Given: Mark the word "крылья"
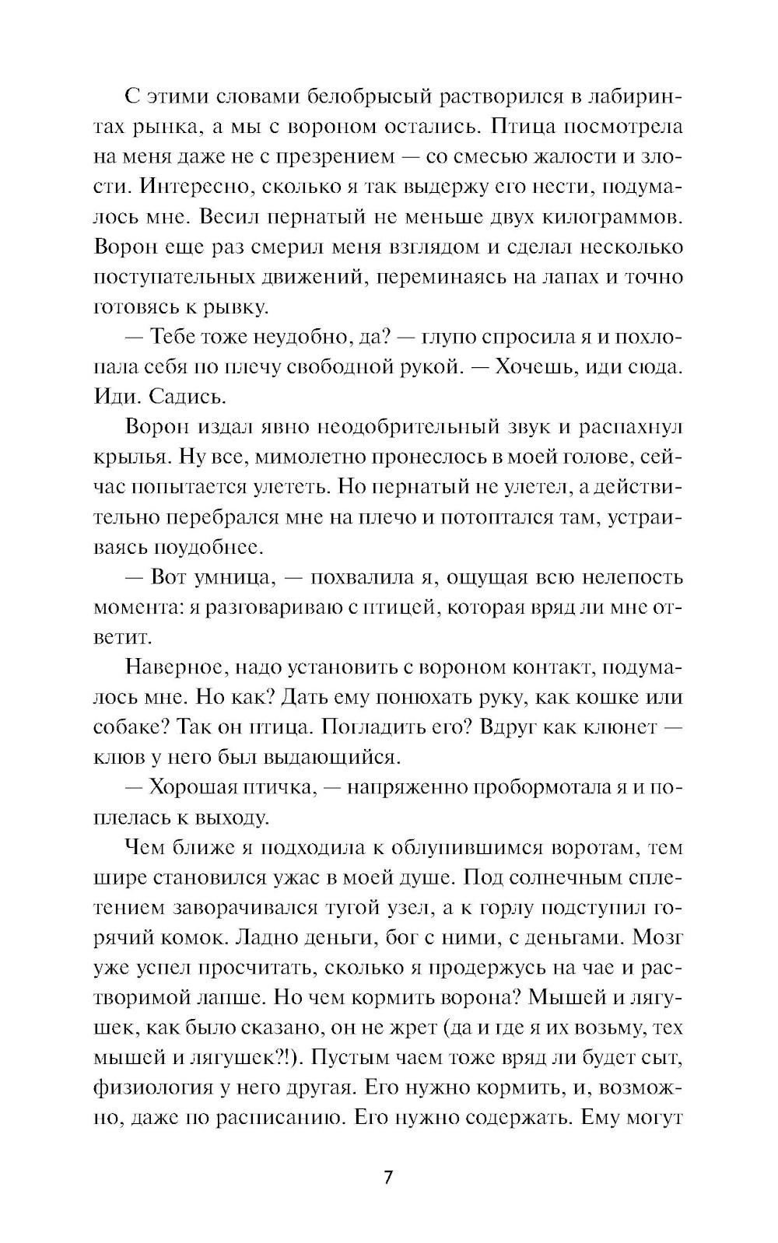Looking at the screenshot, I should (x=126, y=457).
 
